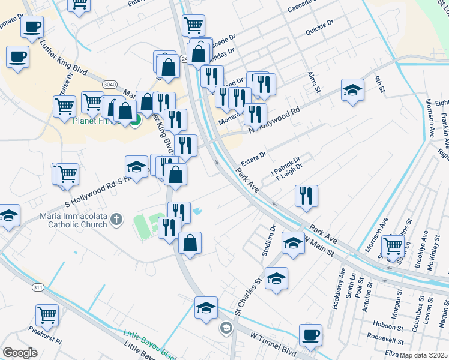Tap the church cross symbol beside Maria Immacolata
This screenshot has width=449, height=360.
point(118,220)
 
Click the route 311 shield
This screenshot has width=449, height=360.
point(38,287)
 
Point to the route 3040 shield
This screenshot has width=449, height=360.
point(110,84)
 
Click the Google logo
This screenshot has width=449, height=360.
point(20,352)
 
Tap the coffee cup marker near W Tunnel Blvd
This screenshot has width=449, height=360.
point(310,335)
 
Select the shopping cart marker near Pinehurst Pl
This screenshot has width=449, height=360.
point(47,314)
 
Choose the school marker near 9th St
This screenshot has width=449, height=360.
point(352,90)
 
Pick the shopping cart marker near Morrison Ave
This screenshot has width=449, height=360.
point(393,245)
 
